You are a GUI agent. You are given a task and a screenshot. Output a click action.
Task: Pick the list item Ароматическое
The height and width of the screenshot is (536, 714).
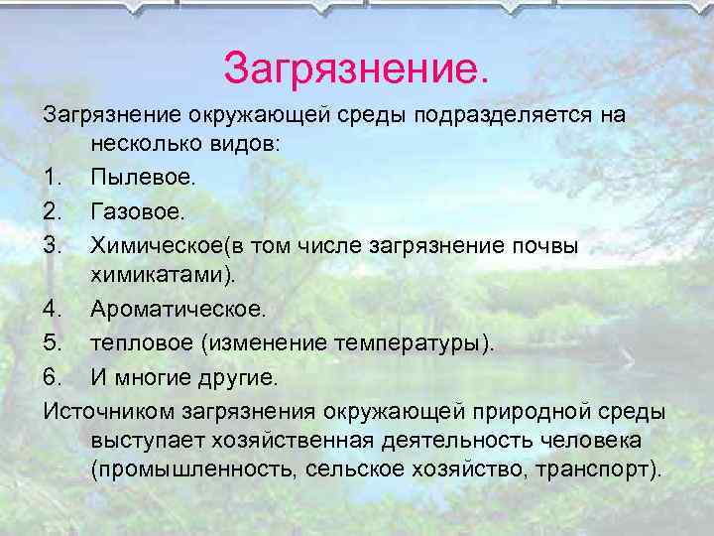point(178,310)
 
